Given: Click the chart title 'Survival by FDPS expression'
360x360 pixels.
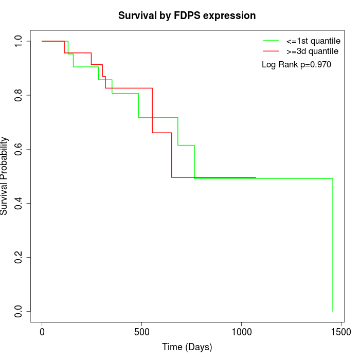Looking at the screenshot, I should pyautogui.click(x=187, y=15).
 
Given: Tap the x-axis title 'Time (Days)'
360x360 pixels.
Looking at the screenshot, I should pyautogui.click(x=187, y=347).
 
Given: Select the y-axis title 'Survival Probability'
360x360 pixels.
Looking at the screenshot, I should pyautogui.click(x=5, y=176).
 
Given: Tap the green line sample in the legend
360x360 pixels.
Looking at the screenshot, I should pyautogui.click(x=271, y=41).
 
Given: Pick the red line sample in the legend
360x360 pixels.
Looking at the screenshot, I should pyautogui.click(x=271, y=51).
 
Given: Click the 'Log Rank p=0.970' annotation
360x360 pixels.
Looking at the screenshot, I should pyautogui.click(x=296, y=64).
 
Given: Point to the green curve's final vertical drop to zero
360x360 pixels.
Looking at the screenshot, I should pyautogui.click(x=333, y=247).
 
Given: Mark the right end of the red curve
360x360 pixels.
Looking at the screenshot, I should pyautogui.click(x=256, y=177).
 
